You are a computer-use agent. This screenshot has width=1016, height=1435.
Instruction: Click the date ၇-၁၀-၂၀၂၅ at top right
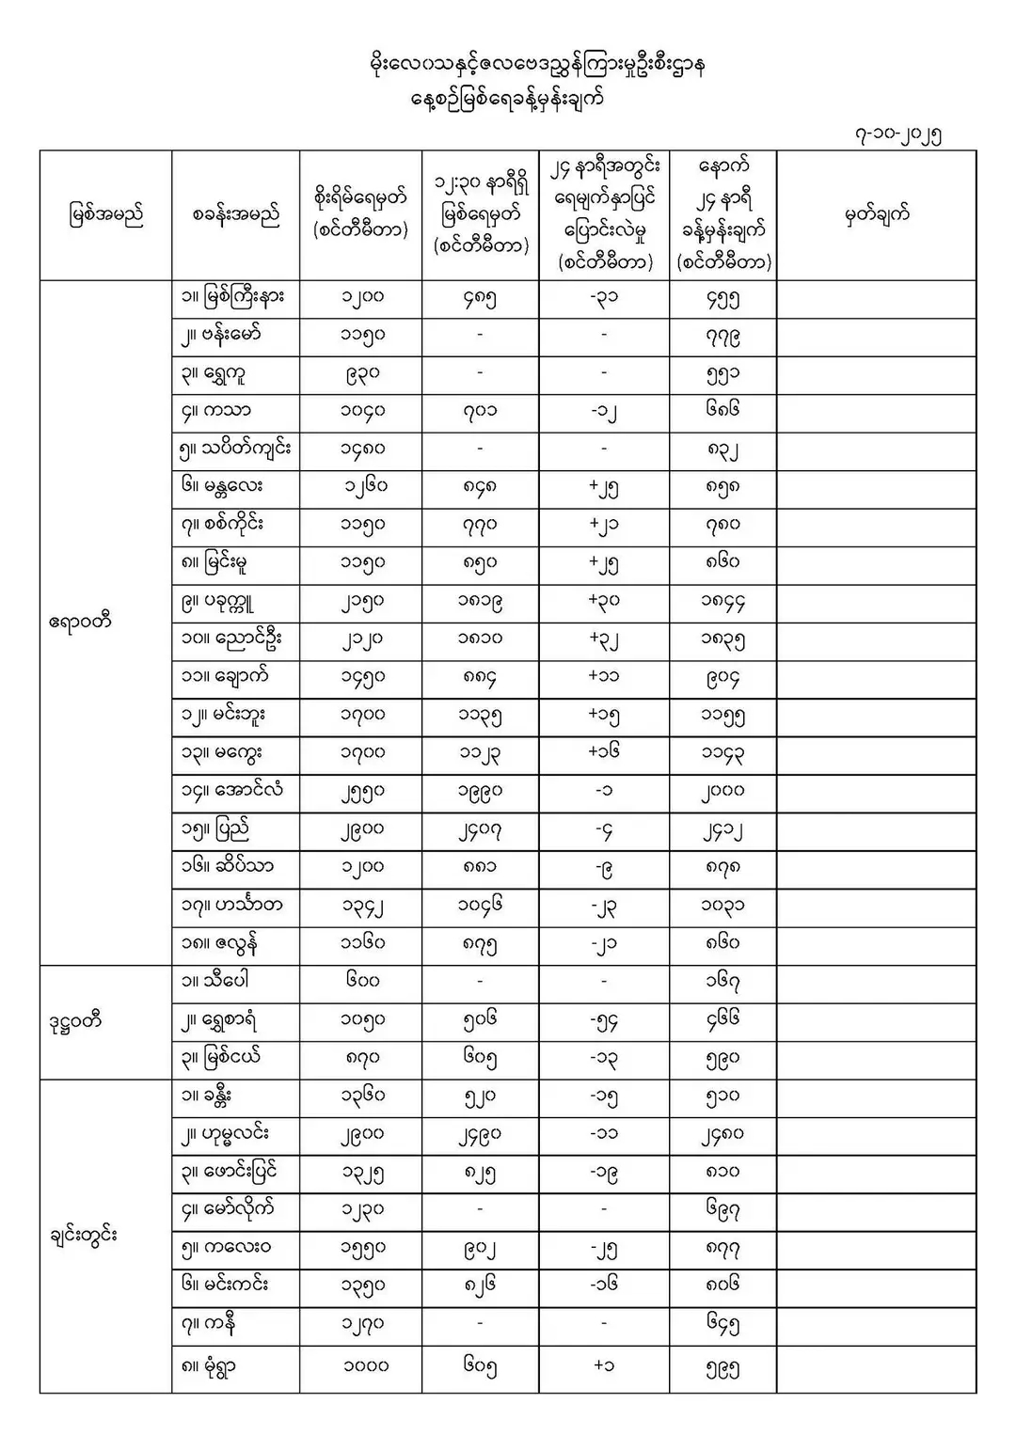[897, 134]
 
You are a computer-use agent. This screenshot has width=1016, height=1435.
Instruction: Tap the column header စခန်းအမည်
[235, 215]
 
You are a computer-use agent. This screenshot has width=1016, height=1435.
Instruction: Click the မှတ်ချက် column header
[877, 215]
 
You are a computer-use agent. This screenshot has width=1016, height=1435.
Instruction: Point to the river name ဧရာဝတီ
[80, 622]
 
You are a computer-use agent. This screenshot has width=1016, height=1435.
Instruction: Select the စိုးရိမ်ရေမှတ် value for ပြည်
[362, 830]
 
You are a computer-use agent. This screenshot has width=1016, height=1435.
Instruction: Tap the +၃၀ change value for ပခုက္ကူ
[604, 601]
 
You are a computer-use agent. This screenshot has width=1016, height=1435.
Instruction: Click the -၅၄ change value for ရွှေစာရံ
[604, 1020]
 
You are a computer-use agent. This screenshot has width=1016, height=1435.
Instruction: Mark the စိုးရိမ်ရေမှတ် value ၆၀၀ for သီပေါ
[362, 981]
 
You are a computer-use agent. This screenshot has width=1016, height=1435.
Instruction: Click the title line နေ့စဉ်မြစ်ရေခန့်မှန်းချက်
[508, 99]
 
